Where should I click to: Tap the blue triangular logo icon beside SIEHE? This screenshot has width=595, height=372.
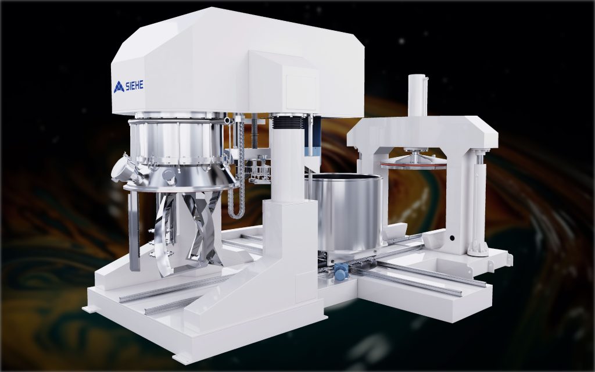pyautogui.click(x=119, y=87)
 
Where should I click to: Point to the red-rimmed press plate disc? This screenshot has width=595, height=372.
pyautogui.click(x=414, y=164)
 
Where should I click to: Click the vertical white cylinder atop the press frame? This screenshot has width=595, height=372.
pyautogui.click(x=417, y=96)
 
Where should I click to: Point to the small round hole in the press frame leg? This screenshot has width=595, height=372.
pyautogui.click(x=450, y=238)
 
